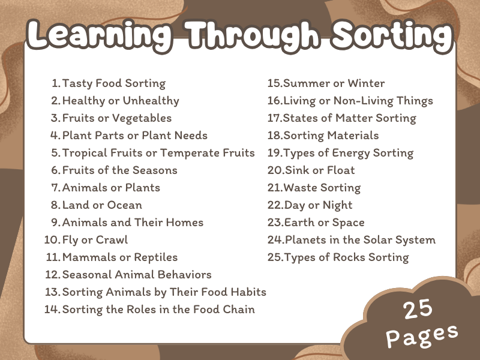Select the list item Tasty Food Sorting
point(113,83)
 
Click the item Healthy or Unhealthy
point(121,101)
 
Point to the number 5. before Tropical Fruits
point(56,153)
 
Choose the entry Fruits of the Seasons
point(119,170)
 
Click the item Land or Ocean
point(102,205)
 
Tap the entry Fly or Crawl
point(95,240)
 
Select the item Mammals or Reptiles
point(120,257)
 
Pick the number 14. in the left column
point(52,310)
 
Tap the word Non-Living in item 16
point(377,101)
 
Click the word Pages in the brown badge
point(422,335)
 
